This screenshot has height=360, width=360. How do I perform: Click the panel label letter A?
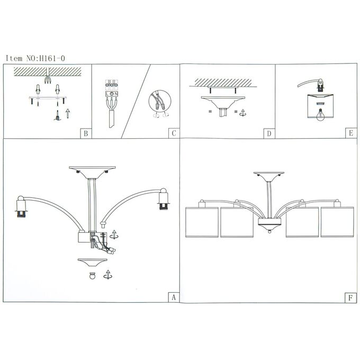point(174,298)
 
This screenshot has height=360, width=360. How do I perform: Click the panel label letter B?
point(86,133)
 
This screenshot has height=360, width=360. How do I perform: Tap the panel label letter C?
point(174,133)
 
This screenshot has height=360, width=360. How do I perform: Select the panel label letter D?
point(269,133)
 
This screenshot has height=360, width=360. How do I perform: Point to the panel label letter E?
point(351,133)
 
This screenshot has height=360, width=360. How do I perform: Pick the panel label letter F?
point(350,298)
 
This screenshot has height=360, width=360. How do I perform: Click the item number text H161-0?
point(52,58)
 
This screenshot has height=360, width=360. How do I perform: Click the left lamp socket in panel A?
point(21,206)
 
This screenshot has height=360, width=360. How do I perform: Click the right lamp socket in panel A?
point(163,199)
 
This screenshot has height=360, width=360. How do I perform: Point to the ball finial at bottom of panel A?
point(93,275)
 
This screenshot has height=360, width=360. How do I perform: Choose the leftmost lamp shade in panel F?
point(202,222)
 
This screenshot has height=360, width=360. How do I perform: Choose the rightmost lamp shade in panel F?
point(337,222)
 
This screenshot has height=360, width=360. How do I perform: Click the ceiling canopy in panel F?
point(269,176)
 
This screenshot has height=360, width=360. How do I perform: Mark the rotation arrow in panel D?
point(242,112)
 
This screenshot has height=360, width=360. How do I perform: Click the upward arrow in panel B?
point(68,113)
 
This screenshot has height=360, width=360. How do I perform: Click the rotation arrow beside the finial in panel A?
point(107,275)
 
